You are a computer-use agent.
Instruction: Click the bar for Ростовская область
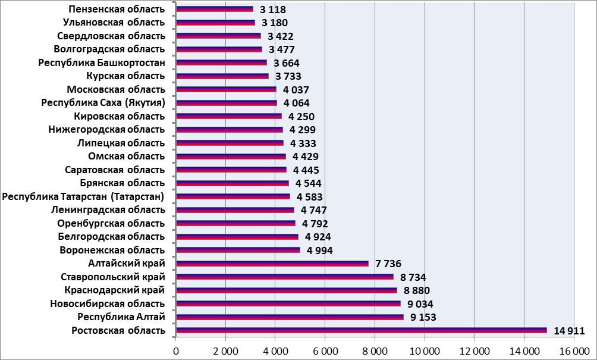[x=362, y=330]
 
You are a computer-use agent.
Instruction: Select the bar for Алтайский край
[x=272, y=264]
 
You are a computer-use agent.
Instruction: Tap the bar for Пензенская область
[x=215, y=10]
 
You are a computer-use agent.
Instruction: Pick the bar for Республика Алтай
[x=290, y=317]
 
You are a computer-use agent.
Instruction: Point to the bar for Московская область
[x=226, y=89]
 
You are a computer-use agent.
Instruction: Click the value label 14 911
[x=569, y=331]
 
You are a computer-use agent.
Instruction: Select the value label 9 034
[x=420, y=304]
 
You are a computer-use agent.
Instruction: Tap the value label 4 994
[x=319, y=251]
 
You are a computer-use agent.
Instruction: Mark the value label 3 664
[x=287, y=63]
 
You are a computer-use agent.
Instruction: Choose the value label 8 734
[x=413, y=277]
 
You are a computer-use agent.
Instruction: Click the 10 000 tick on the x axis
[x=425, y=352]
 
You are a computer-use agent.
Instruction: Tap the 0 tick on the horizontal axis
[x=176, y=352]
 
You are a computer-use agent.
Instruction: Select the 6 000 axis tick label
[x=325, y=352]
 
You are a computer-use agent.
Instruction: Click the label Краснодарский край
[x=114, y=290]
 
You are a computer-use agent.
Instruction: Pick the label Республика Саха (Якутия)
[x=103, y=103]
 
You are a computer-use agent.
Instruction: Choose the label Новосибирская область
[x=108, y=304]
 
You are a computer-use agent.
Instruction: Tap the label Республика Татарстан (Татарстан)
[x=84, y=196]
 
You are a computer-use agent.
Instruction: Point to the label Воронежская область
[x=112, y=250]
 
